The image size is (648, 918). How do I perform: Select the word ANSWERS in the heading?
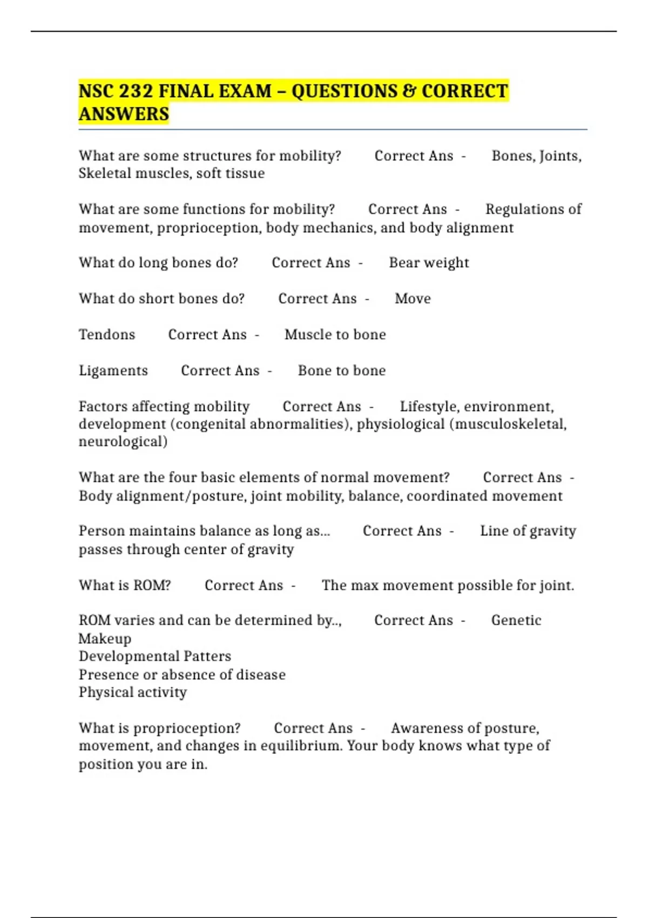[124, 114]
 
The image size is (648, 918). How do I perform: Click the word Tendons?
[107, 334]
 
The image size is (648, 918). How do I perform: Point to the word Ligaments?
[113, 370]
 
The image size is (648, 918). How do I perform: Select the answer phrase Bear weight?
[429, 262]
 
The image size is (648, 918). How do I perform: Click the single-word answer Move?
[413, 299]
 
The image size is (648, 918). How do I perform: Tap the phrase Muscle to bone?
[335, 334]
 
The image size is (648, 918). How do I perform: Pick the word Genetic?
[516, 620]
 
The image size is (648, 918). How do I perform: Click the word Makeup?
[105, 638]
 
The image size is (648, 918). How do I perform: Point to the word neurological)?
[123, 442]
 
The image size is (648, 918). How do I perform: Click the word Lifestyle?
[430, 406]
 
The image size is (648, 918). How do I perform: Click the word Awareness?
[426, 728]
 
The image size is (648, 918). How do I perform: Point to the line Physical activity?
[133, 692]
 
